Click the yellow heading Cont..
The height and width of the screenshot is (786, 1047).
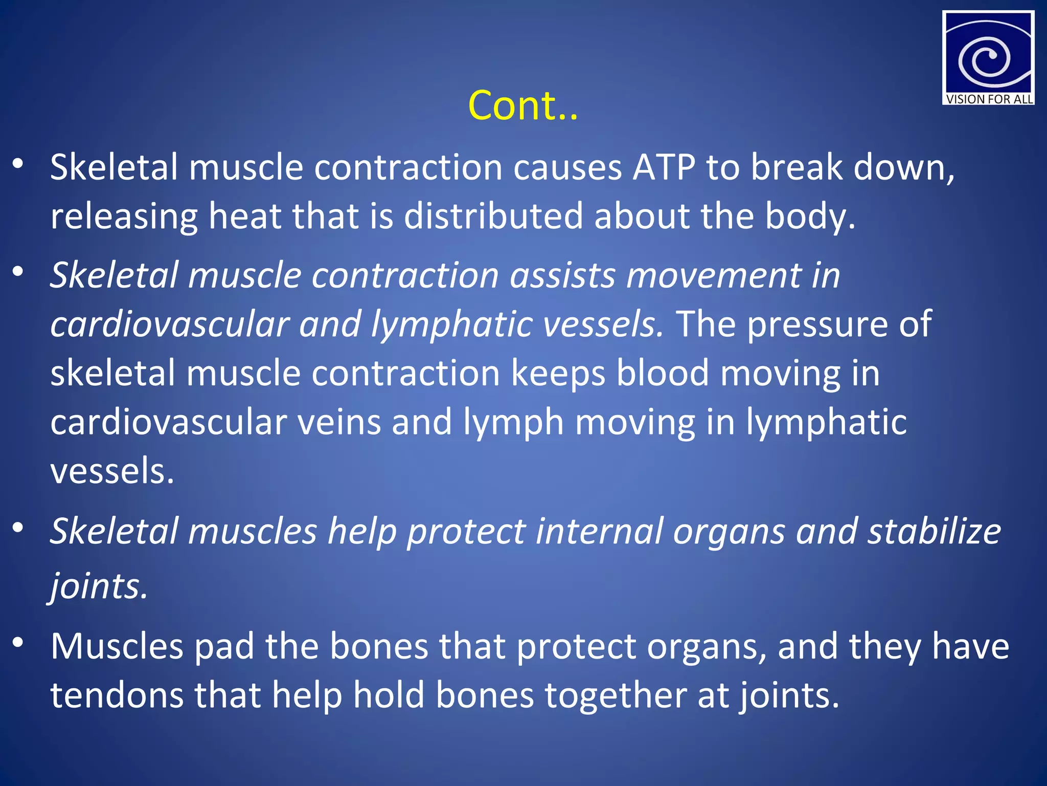522,106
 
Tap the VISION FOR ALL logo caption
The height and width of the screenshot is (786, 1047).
989,99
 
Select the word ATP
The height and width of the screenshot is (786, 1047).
664,167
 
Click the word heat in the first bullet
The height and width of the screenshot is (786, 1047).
244,216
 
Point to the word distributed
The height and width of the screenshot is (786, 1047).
493,216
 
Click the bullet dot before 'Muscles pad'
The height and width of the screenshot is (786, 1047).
18,643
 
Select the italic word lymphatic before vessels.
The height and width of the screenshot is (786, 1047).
451,324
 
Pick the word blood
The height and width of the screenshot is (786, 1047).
663,373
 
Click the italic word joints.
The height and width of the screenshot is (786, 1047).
98,586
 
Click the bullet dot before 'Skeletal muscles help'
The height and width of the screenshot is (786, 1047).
18,528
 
